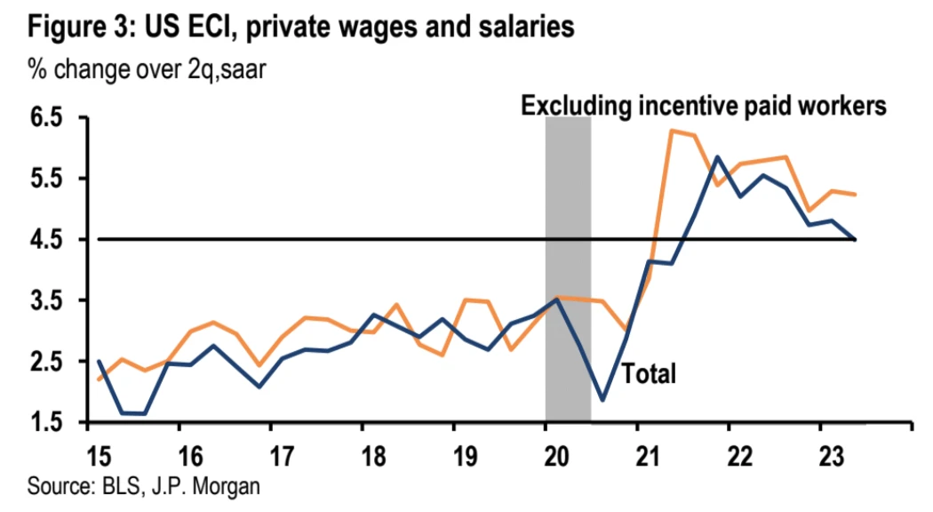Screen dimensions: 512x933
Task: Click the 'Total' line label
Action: [x=649, y=374]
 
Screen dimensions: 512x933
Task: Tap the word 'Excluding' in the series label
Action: [x=574, y=106]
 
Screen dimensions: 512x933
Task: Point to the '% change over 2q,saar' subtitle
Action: [x=148, y=68]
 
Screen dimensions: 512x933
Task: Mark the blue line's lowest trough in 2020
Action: [x=602, y=400]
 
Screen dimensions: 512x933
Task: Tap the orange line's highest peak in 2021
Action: [x=671, y=131]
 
